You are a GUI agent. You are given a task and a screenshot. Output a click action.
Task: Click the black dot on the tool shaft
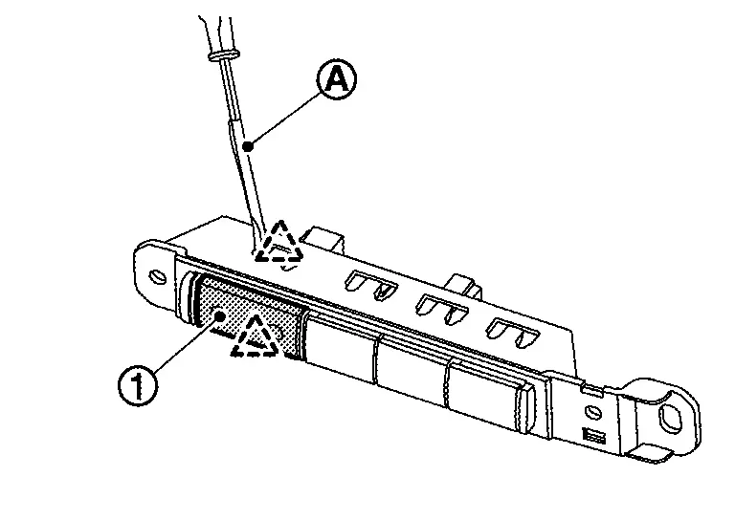(247, 146)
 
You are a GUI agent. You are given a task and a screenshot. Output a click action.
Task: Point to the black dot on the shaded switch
(220, 315)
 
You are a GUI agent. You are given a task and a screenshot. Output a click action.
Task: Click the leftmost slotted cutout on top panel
(368, 284)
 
